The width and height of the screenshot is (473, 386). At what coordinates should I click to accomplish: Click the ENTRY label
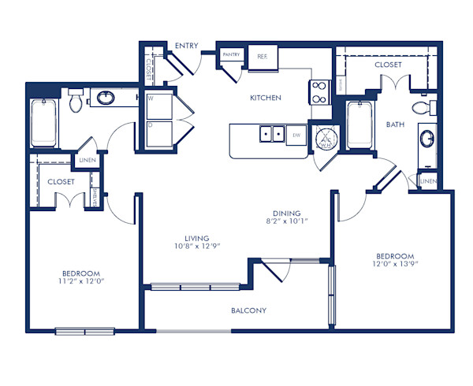point(187,46)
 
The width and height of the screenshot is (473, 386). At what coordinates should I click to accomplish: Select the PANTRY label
point(231,54)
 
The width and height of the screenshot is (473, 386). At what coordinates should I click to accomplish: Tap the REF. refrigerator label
point(263,56)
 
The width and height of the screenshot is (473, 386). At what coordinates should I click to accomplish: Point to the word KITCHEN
point(266,98)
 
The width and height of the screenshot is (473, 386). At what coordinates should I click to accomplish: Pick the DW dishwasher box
point(296,135)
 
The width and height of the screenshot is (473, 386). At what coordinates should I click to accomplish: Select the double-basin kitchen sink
point(273,135)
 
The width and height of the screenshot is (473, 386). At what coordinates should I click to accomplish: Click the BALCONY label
point(248,310)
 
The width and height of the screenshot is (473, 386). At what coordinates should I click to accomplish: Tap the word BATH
point(395,124)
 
